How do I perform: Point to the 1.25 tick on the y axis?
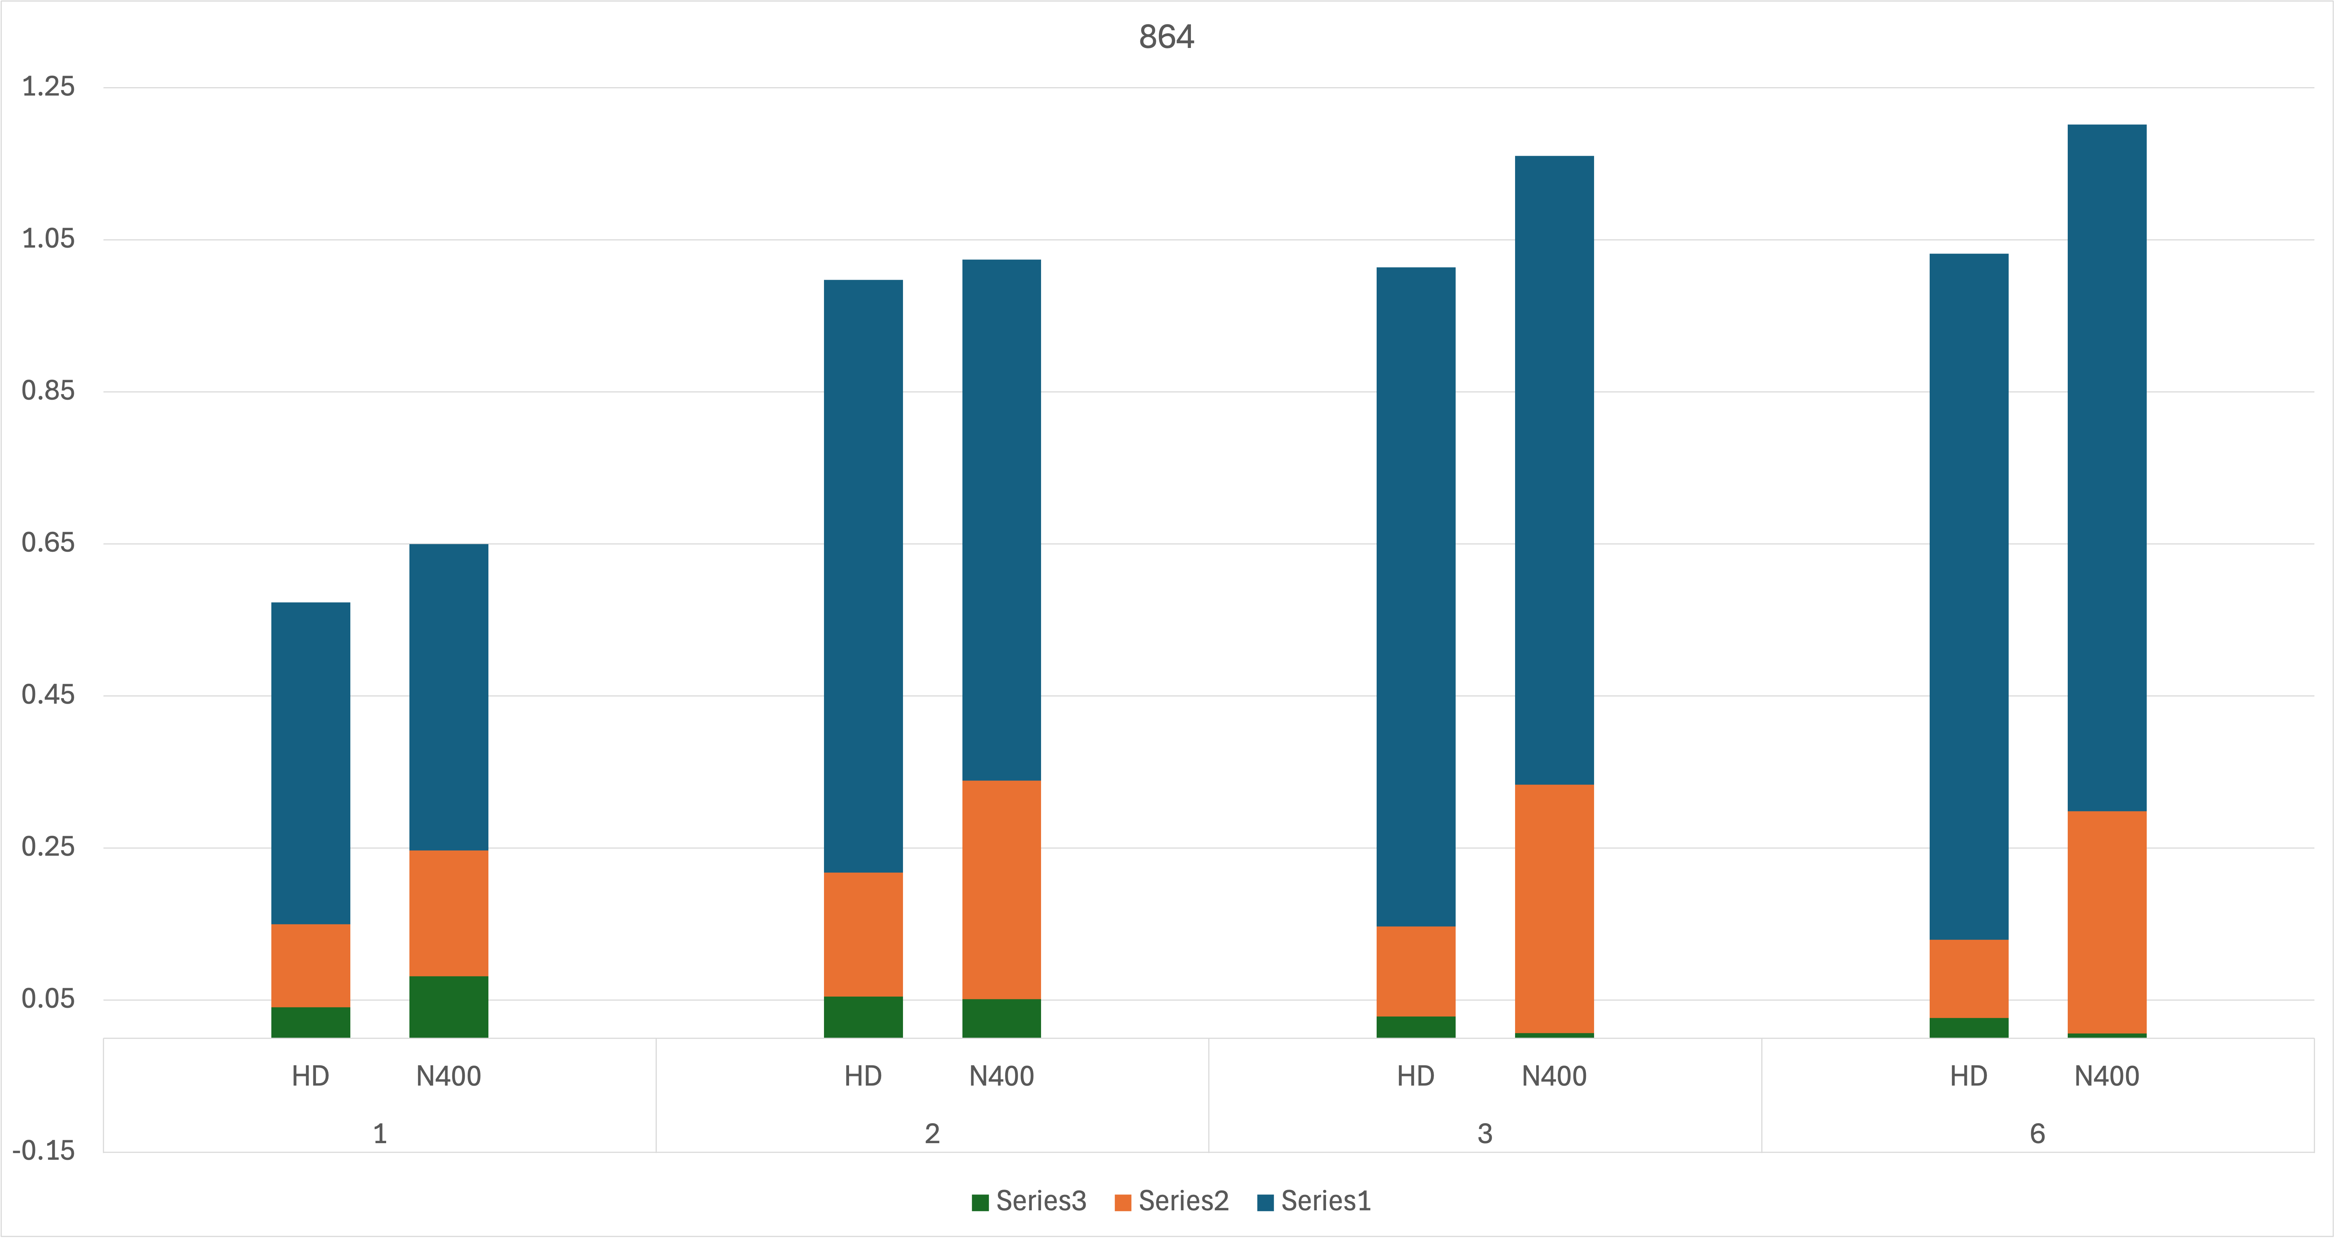pyautogui.click(x=48, y=87)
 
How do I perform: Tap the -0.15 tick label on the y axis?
pyautogui.click(x=44, y=1151)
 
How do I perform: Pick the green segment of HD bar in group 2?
pyautogui.click(x=863, y=1017)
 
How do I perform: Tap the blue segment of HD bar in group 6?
pyautogui.click(x=1969, y=596)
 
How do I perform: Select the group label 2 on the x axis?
pyautogui.click(x=932, y=1134)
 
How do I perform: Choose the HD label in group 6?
pyautogui.click(x=1969, y=1077)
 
